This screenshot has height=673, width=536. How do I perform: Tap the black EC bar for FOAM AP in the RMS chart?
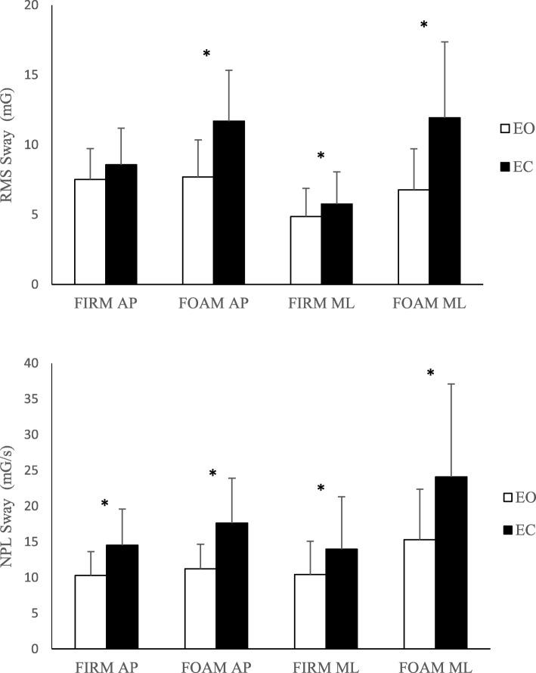(228, 203)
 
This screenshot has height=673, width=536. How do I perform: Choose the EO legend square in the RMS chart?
(505, 129)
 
